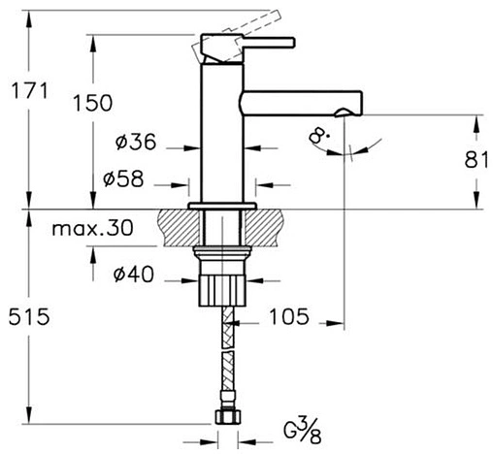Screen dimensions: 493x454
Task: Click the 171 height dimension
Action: coord(30,90)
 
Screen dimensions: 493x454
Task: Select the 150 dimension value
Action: coord(93,103)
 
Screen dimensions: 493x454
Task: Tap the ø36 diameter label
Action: coord(136,142)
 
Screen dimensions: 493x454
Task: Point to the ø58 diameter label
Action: coord(123,178)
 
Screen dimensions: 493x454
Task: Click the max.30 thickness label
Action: coord(92,228)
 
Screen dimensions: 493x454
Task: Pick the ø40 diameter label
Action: coord(134,275)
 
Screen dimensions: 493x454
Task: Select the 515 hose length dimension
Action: coord(29,316)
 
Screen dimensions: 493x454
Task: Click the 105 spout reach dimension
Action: coord(289,316)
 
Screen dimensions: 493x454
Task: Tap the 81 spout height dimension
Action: coord(477,159)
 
